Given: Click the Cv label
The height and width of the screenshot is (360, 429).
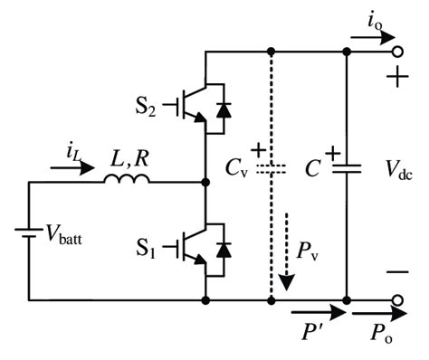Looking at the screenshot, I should (238, 168).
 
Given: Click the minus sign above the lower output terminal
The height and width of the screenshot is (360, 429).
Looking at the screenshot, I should (396, 271).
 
